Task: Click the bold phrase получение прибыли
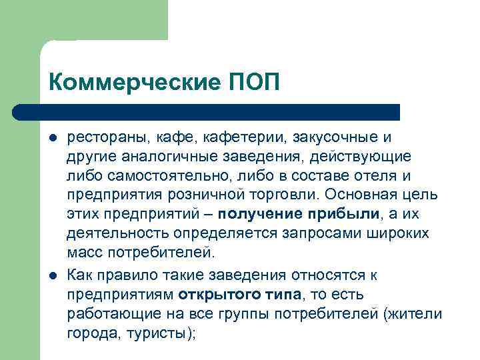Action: pos(299,215)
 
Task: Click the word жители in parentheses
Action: pos(419,315)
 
